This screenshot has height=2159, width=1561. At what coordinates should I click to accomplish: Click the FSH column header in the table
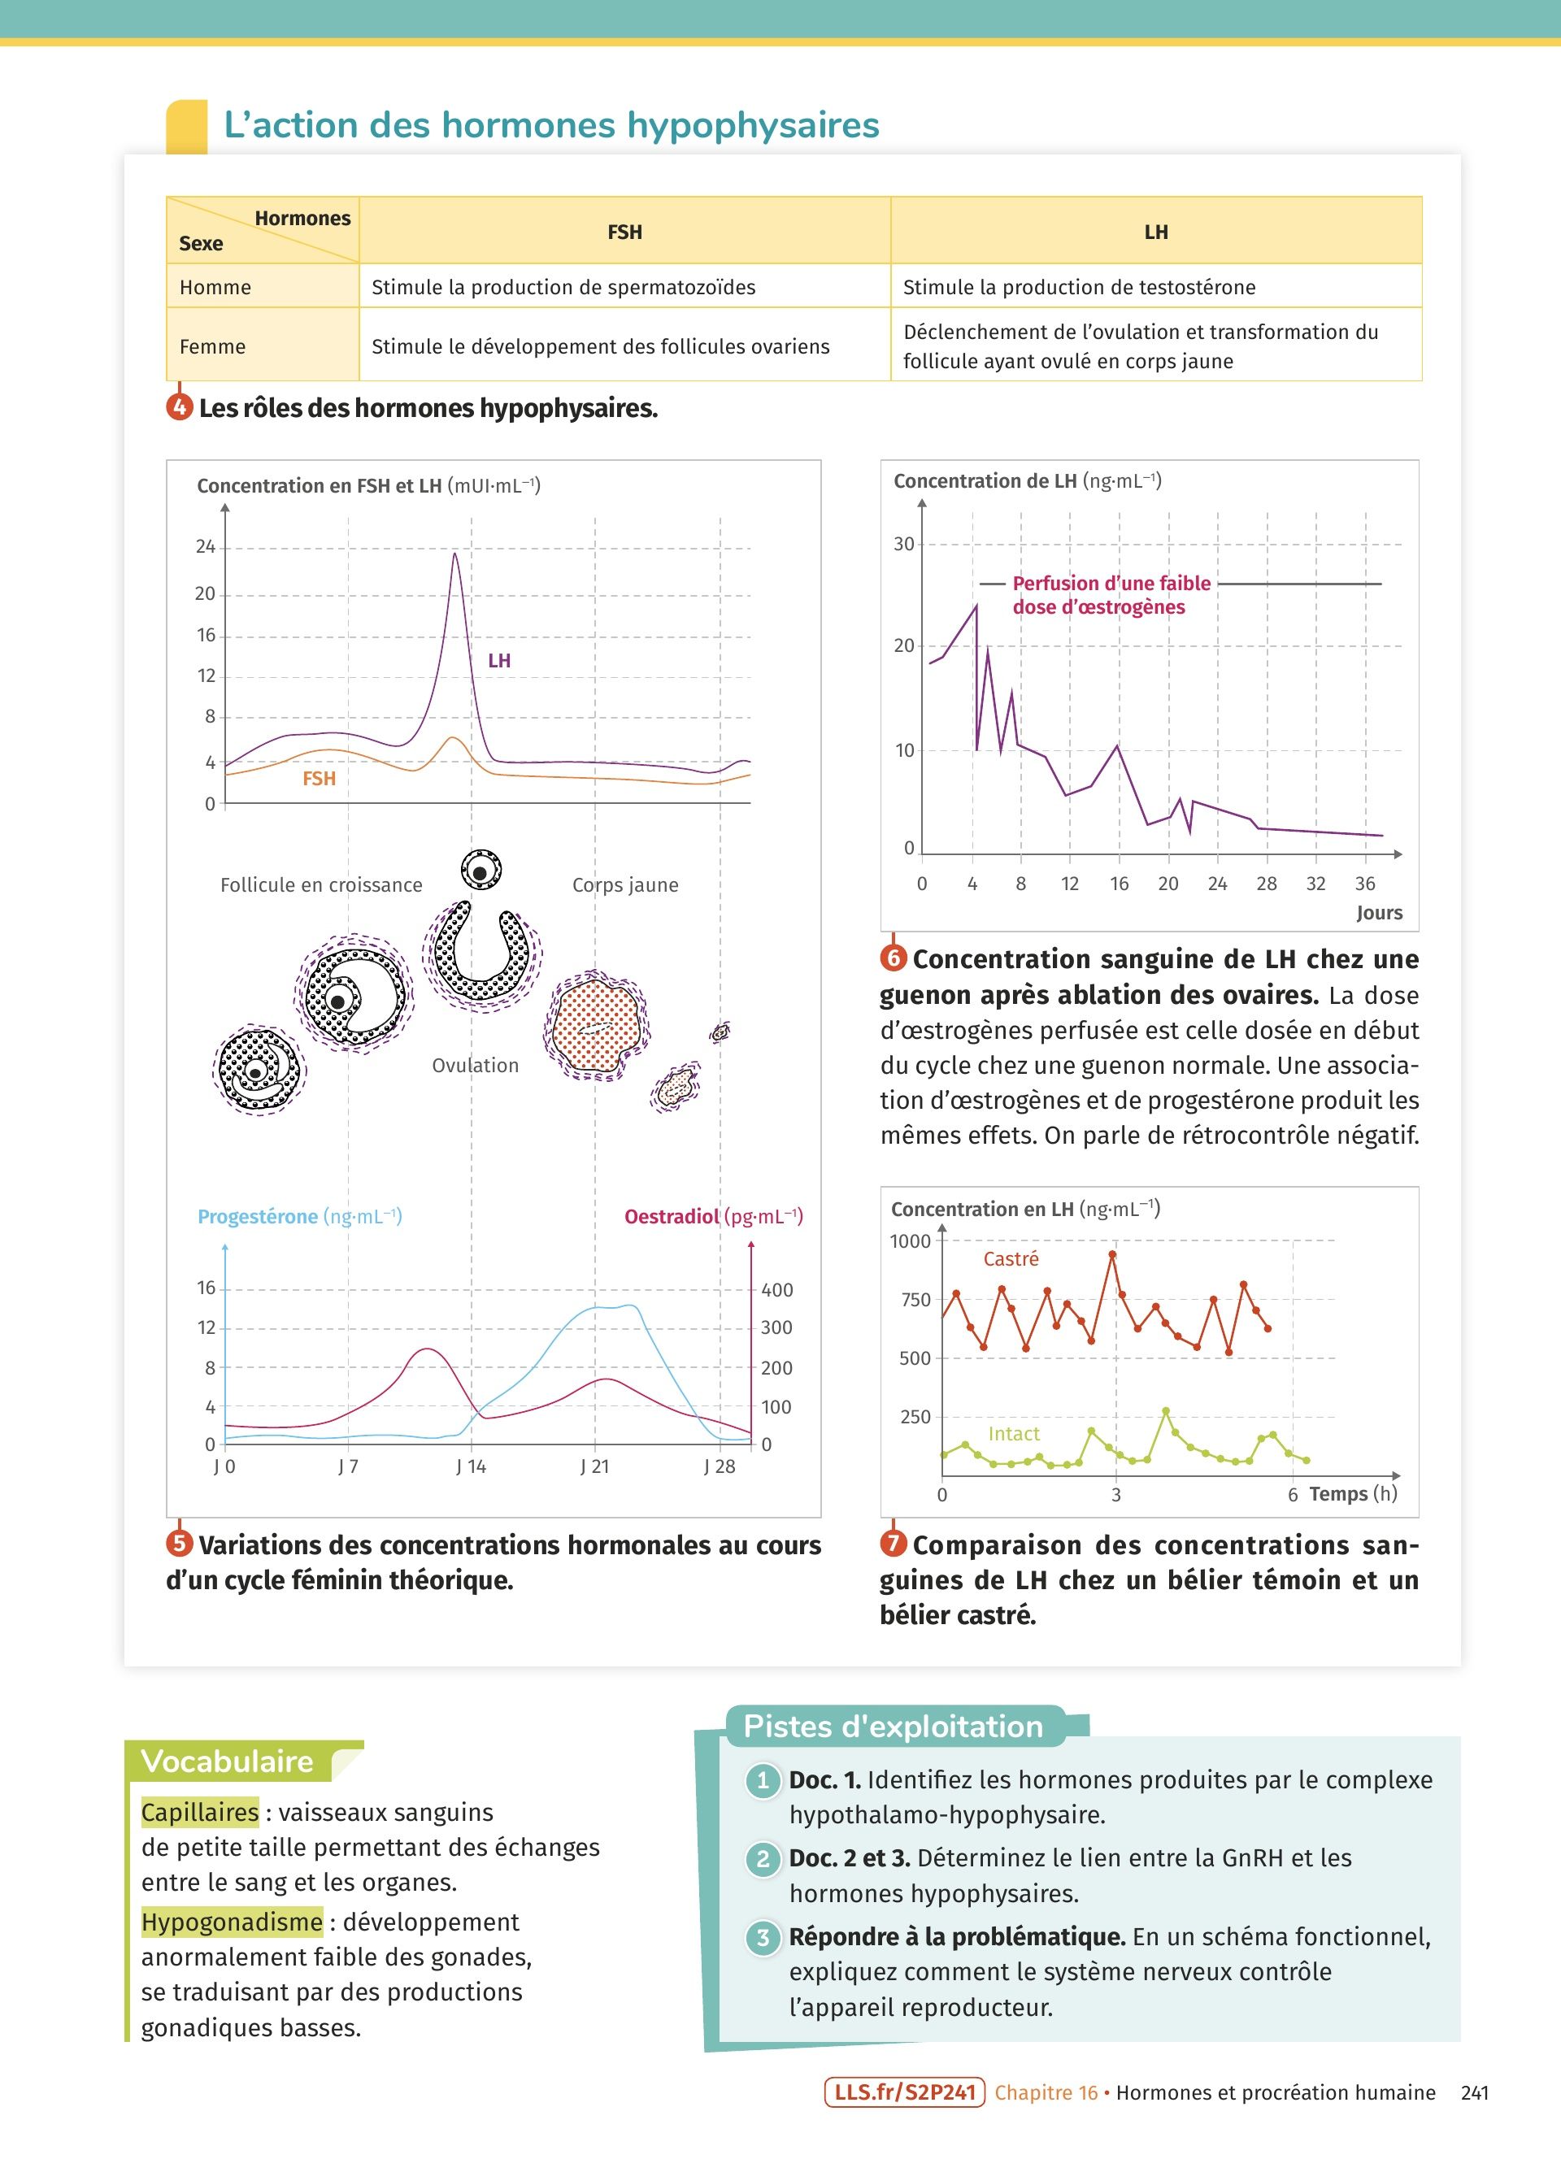[x=624, y=232]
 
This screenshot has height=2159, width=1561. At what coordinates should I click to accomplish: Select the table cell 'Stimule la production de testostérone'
[x=1078, y=286]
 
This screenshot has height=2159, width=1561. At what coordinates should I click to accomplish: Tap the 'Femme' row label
[x=212, y=346]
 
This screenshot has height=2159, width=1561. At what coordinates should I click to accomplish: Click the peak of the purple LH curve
[x=455, y=555]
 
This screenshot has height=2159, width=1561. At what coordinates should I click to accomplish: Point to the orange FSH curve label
[x=319, y=779]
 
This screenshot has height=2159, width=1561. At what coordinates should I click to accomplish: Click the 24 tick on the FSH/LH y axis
[x=206, y=546]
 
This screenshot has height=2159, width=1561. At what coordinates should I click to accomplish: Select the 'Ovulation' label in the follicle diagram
[x=475, y=1065]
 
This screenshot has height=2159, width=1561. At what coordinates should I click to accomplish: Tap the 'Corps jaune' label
[x=624, y=884]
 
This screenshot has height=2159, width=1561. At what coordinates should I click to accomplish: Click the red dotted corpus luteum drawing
[x=595, y=1026]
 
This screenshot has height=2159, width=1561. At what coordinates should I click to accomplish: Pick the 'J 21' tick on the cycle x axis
[x=595, y=1466]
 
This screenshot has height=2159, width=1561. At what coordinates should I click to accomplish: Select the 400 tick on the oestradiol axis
[x=776, y=1290]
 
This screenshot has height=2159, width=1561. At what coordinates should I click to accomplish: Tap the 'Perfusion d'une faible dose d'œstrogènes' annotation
[x=1110, y=594]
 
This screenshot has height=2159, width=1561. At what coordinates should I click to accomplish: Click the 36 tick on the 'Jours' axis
[x=1365, y=884]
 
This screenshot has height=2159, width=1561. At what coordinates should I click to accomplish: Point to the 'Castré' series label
[x=1010, y=1258]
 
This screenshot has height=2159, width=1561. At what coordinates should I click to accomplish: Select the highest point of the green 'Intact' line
[x=1166, y=1412]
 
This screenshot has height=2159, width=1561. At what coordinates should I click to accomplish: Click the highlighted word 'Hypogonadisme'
[x=231, y=1922]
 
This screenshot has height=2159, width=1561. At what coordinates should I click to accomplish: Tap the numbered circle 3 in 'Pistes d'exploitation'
[x=763, y=1937]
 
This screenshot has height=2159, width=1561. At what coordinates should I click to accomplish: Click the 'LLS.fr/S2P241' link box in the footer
[x=904, y=2092]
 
